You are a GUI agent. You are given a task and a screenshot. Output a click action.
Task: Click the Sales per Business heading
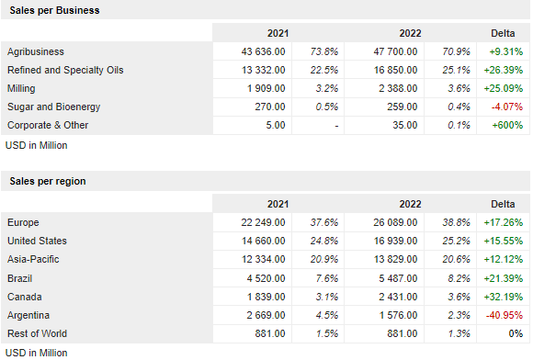(54, 10)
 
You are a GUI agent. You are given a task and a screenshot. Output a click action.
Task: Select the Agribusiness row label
(35, 51)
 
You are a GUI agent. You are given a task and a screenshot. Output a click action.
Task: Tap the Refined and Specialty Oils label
(64, 70)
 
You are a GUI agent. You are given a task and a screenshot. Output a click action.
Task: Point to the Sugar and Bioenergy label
(55, 107)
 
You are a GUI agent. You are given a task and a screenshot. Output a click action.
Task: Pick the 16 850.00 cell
(393, 70)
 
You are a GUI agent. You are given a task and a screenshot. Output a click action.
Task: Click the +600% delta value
(504, 125)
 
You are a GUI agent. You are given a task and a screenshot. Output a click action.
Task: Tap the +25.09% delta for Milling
(503, 88)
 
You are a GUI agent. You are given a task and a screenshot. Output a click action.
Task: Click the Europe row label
(23, 222)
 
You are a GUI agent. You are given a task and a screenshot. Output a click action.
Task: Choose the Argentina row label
(29, 315)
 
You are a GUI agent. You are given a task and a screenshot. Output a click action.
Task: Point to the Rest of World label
(37, 333)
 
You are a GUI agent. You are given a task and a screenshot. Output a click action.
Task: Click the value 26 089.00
(393, 222)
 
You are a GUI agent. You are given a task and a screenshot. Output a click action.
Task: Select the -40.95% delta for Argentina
(503, 315)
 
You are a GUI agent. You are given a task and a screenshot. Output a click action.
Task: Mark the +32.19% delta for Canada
(503, 297)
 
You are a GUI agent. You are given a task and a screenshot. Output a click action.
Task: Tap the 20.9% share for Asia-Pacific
(323, 260)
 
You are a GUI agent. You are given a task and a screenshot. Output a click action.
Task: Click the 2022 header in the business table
(410, 33)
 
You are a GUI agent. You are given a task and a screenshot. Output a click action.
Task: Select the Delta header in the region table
(503, 204)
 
